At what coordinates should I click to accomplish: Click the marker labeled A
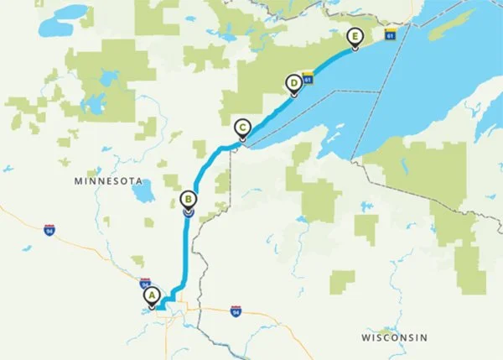coord(152,295)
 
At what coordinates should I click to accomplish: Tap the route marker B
coord(189,200)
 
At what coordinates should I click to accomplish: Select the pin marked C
coord(242,128)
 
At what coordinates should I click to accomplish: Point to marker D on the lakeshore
coord(293,83)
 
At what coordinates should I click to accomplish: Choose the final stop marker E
coord(355,37)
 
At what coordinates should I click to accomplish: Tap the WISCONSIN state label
coord(394,337)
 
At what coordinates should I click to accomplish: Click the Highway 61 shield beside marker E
coord(390,34)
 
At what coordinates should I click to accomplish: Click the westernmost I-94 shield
coord(47,226)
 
